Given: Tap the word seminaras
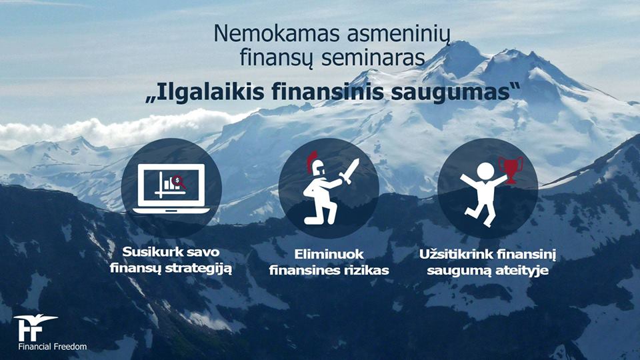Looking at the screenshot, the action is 373,57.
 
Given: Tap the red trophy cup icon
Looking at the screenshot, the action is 510,169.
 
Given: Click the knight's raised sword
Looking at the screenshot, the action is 349,172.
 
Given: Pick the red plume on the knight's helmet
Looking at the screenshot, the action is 312,161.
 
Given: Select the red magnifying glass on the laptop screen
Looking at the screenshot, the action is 179,181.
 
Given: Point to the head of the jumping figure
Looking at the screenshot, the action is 485,171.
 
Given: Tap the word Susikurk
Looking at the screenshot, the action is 152,252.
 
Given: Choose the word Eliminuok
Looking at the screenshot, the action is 329,254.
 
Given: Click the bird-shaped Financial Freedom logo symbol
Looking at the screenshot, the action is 34,327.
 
